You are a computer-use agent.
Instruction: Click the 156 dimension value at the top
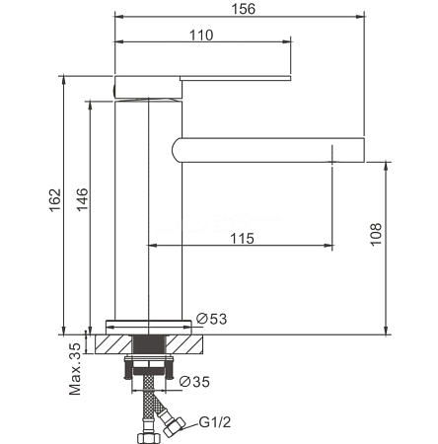pyautogui.click(x=243, y=9)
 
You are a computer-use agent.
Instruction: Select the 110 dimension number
pyautogui.click(x=201, y=36)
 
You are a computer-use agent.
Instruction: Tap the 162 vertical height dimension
pyautogui.click(x=55, y=200)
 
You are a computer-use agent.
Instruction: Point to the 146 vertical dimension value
pyautogui.click(x=82, y=199)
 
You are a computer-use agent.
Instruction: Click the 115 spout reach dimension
pyautogui.click(x=242, y=239)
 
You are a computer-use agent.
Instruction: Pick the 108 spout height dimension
pyautogui.click(x=376, y=234)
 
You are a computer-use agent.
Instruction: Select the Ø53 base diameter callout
pyautogui.click(x=211, y=319)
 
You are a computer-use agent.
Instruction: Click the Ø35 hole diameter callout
pyautogui.click(x=194, y=382)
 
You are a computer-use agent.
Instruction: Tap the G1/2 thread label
pyautogui.click(x=215, y=422)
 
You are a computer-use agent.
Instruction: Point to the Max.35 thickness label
pyautogui.click(x=75, y=369)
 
